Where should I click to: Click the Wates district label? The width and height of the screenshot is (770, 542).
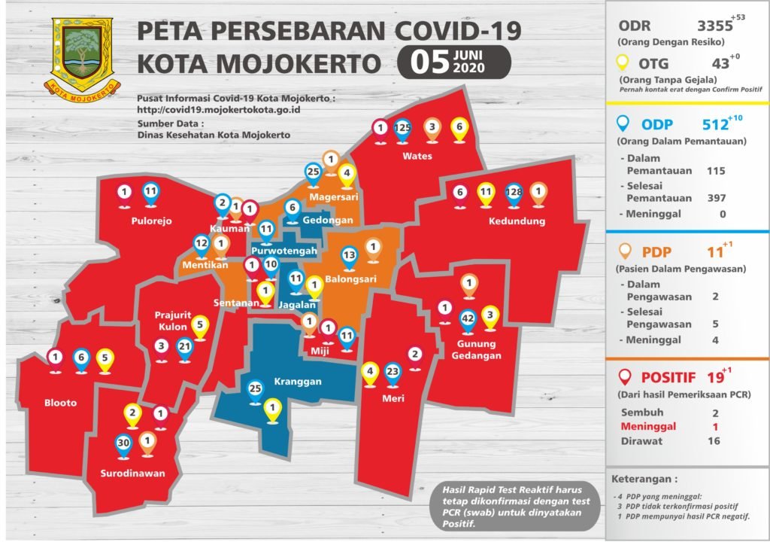coord(417,157)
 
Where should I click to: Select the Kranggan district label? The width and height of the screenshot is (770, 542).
coord(297,382)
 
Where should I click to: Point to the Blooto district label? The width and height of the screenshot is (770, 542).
coord(59,403)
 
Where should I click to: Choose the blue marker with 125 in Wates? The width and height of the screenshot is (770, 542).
coord(403,129)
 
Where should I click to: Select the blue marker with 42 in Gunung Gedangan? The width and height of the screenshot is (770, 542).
coord(467,319)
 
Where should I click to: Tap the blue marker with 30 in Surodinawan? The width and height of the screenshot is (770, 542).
coord(124,444)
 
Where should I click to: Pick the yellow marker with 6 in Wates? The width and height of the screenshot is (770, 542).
coord(458,129)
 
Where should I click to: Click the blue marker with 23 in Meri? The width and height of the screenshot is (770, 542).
coord(393,372)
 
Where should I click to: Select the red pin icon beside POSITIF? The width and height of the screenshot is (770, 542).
coord(624,376)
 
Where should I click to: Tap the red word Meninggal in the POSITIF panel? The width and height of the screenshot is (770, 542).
coord(648,426)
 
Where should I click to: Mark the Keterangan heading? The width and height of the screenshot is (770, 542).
coord(644,478)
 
